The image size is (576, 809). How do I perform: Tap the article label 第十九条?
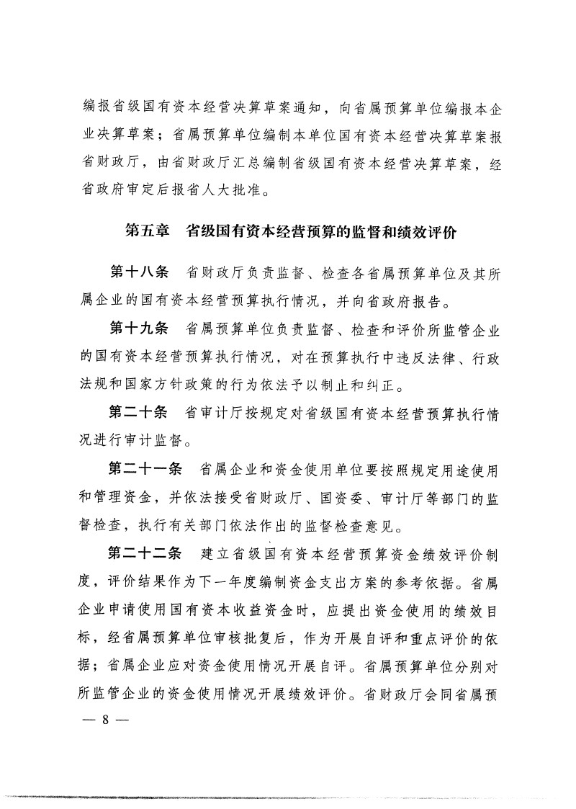(x=138, y=329)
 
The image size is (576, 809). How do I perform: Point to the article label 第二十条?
(x=138, y=414)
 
